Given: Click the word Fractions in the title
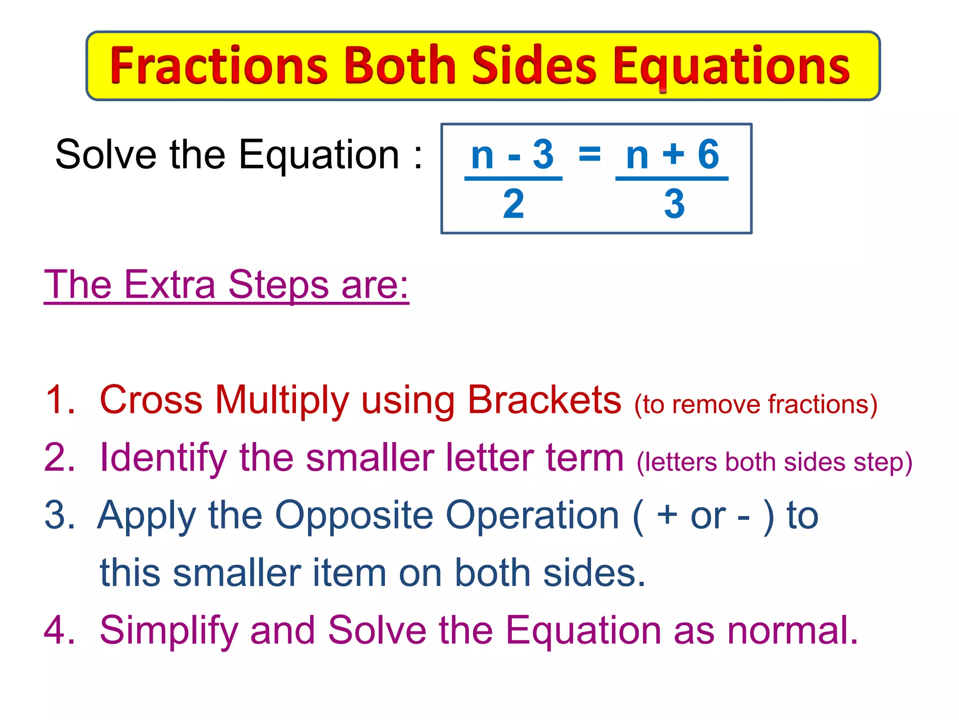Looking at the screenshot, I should click(x=219, y=66).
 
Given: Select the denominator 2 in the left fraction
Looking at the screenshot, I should click(x=513, y=204).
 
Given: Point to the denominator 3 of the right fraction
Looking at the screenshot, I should click(x=674, y=204).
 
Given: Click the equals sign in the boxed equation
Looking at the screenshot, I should click(x=590, y=153).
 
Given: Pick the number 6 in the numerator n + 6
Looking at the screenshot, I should click(x=708, y=154).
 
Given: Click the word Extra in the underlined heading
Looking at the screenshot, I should click(x=170, y=284).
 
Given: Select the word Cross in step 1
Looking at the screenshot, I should click(x=151, y=400).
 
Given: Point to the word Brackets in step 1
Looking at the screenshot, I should click(x=545, y=400).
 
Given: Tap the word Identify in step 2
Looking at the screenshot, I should click(x=163, y=458).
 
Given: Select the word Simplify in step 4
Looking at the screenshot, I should click(x=169, y=631).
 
